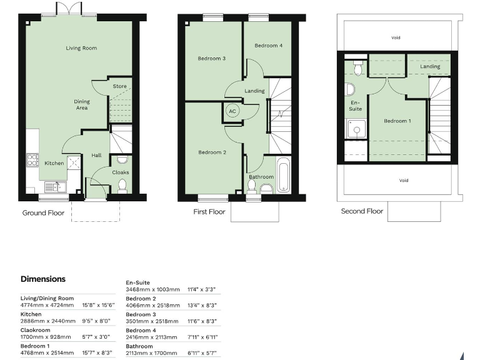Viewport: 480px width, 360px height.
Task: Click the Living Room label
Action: [x=82, y=48]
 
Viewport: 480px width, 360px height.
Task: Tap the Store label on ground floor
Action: [x=119, y=86]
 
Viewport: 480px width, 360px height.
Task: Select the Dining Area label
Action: [x=82, y=104]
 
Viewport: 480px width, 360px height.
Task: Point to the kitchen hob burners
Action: [x=31, y=159]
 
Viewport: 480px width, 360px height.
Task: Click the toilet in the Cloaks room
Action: [x=122, y=185]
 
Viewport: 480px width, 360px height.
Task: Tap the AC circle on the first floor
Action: [x=232, y=111]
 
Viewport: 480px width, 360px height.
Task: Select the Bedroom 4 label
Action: [x=268, y=46]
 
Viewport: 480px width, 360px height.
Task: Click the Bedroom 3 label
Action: [x=211, y=59]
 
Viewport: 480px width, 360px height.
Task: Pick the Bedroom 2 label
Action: [x=211, y=152]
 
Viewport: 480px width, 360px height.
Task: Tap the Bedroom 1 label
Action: [x=397, y=121]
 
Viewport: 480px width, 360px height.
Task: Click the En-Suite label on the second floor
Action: [x=355, y=105]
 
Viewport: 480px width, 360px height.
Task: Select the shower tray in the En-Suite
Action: [x=356, y=130]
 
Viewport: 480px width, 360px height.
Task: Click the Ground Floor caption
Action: [x=43, y=212]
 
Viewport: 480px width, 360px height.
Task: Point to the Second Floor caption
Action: [x=362, y=211]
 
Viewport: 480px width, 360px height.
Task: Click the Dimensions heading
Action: [x=43, y=279]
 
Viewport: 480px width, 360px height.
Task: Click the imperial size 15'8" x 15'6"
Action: [x=99, y=306]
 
